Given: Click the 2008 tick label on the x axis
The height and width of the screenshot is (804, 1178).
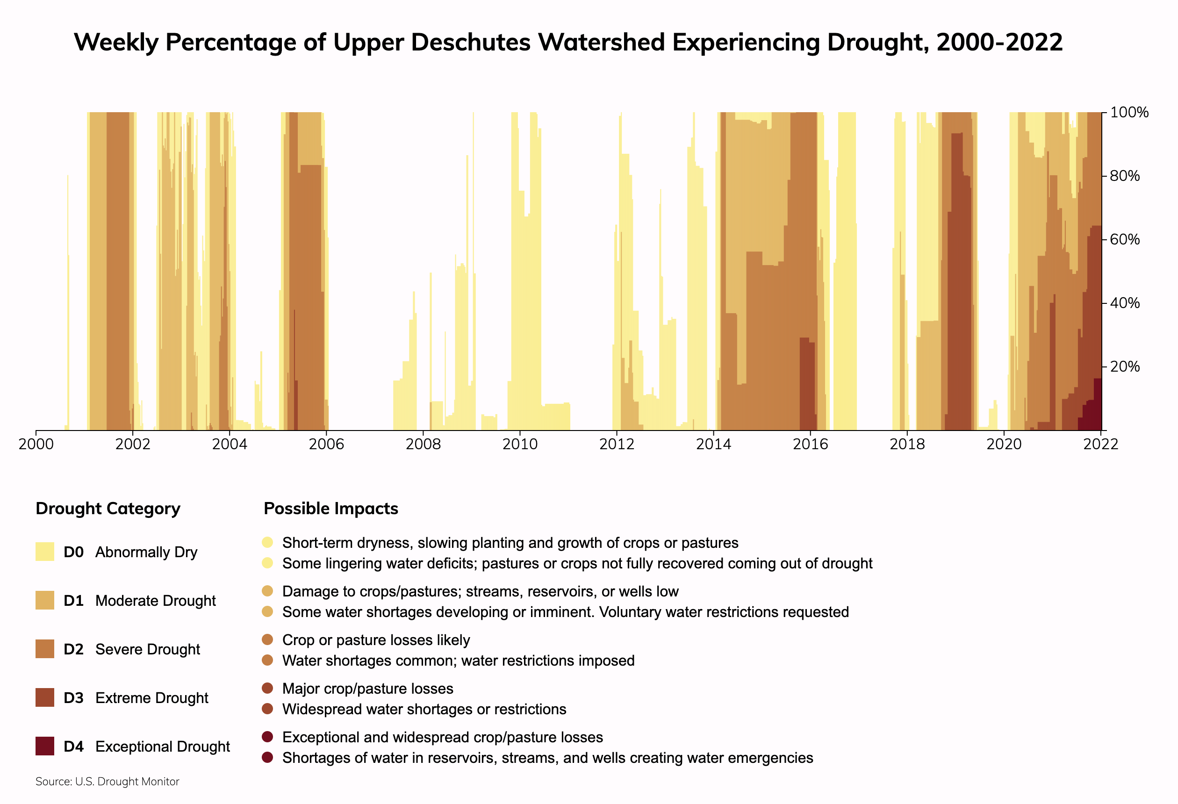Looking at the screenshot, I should click(423, 444).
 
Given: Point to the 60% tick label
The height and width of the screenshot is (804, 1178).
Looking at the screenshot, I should click(1124, 239).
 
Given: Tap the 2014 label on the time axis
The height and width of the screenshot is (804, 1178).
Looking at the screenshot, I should click(713, 444).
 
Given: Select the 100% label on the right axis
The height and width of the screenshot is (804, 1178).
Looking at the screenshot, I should click(1129, 113).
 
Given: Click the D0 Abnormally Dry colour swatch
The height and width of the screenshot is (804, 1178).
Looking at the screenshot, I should click(44, 552).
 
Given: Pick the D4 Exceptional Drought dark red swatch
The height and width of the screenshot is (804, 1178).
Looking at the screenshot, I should click(44, 746).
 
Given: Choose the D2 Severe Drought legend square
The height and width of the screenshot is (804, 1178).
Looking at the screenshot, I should click(44, 649).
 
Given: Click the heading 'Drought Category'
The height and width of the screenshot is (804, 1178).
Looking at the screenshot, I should click(108, 509).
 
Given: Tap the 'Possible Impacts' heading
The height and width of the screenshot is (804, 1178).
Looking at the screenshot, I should click(330, 509).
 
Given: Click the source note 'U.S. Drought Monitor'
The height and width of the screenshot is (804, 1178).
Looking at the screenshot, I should click(127, 782).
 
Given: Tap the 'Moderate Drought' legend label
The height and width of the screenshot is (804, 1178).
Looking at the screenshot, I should click(155, 601).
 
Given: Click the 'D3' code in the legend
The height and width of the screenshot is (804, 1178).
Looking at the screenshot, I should click(73, 698).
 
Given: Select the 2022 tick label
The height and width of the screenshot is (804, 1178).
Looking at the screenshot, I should click(1100, 444).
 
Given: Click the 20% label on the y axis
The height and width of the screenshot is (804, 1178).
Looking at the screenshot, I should click(1124, 366).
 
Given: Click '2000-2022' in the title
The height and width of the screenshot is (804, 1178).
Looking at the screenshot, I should click(999, 42).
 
